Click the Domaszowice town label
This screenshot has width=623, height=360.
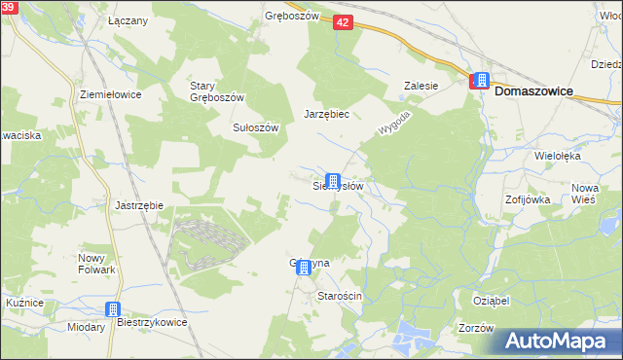[533, 90]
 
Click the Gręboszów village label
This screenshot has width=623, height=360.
[292, 17]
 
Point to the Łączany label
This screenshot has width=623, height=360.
[128, 20]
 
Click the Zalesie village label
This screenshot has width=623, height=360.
[421, 86]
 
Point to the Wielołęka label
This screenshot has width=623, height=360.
[558, 156]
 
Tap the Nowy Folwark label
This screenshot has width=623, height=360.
[97, 264]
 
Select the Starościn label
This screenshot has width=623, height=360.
[340, 296]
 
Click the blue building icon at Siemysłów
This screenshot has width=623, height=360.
[333, 181]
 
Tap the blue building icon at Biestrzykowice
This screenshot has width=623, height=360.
[112, 309]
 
